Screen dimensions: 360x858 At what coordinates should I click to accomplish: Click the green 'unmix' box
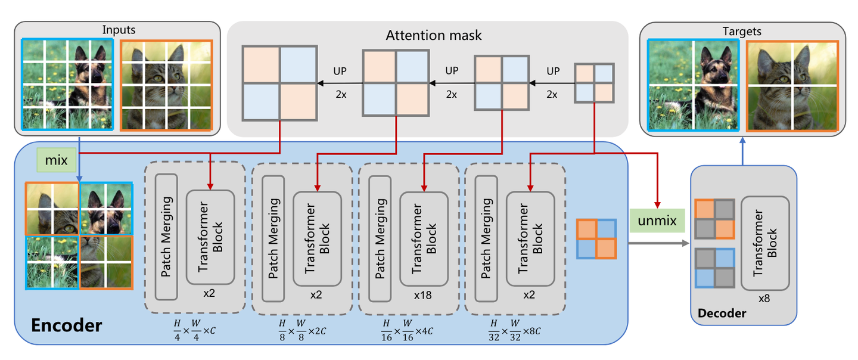coord(657,221)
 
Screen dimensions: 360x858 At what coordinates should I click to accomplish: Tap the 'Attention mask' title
coord(433,36)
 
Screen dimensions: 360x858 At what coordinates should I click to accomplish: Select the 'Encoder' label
coord(66,325)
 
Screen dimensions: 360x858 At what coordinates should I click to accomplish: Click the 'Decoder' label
coord(722,312)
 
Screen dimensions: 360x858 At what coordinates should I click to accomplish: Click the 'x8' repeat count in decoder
coord(764,299)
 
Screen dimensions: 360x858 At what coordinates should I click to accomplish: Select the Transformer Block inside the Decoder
coord(765,243)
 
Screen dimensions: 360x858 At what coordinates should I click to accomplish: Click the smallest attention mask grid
coord(593,82)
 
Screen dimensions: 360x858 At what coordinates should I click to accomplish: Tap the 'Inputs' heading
coord(119,30)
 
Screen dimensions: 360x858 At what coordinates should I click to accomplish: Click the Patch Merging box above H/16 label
coord(380,238)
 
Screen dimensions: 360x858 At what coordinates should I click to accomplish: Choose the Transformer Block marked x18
coord(424,238)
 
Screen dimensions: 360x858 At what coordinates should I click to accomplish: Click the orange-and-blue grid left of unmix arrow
coord(596,239)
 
